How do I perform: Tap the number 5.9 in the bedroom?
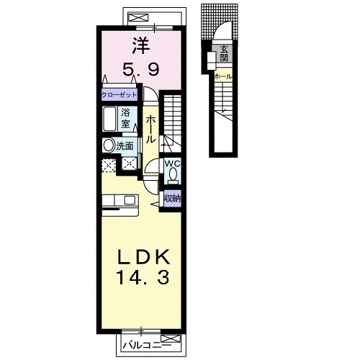tap(141, 70)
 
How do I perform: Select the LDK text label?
tap(143, 257)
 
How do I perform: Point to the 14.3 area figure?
tap(143, 277)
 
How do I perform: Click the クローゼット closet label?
tap(120, 95)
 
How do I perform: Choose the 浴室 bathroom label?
tap(125, 118)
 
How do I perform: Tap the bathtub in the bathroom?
tap(110, 119)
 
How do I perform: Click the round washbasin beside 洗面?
tap(109, 145)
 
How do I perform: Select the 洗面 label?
tap(125, 146)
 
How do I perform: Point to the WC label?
tap(172, 163)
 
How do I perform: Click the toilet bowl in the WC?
tap(173, 174)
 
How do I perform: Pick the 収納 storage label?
tap(173, 199)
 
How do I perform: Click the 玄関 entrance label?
tap(224, 54)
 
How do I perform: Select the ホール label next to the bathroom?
tap(150, 129)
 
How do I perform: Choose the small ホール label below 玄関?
tap(223, 77)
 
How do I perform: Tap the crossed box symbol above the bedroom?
tap(139, 18)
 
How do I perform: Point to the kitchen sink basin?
tap(129, 200)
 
